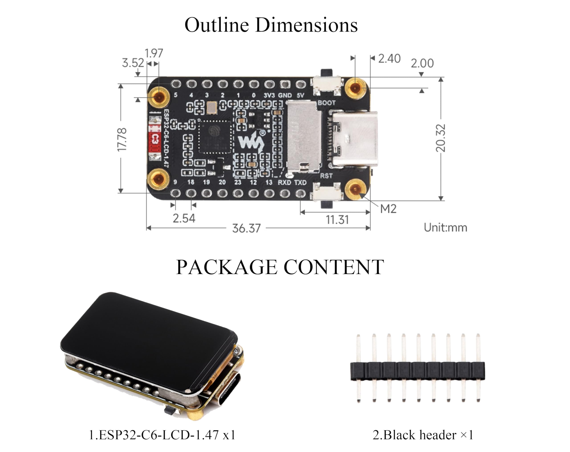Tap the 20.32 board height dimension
click(x=440, y=138)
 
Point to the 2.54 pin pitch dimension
click(x=184, y=218)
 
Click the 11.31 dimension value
click(x=337, y=220)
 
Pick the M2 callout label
click(x=388, y=209)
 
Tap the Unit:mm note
click(x=445, y=228)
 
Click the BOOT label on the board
click(x=326, y=103)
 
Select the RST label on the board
click(x=326, y=176)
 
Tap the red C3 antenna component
click(x=155, y=139)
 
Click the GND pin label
click(x=285, y=96)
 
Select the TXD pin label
click(x=300, y=183)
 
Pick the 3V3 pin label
click(x=269, y=96)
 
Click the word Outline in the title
click(x=216, y=25)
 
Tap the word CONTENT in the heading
click(x=334, y=267)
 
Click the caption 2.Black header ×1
click(x=423, y=435)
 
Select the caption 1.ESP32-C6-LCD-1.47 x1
click(x=162, y=435)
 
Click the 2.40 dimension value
click(x=389, y=59)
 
